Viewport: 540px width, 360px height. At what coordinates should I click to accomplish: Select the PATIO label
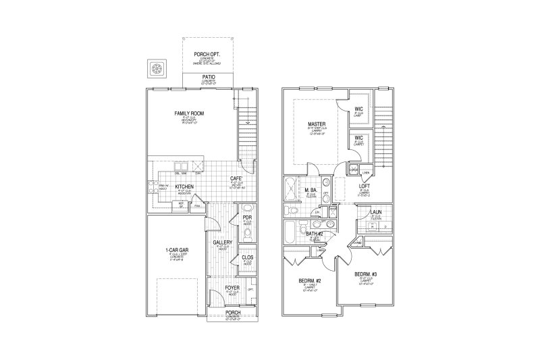point(209,78)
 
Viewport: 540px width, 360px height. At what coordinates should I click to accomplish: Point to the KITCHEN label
point(185,186)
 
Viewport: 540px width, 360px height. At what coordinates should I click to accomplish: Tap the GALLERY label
point(223,242)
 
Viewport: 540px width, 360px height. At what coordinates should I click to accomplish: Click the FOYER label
point(232,288)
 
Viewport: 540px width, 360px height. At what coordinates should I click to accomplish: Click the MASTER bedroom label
point(317,125)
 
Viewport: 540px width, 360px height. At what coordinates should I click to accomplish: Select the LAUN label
point(377,212)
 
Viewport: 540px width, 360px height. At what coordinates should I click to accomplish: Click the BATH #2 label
point(315,234)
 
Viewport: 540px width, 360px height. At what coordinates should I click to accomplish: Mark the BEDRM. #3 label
point(365,274)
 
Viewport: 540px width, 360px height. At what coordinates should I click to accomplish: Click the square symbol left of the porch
point(158,68)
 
